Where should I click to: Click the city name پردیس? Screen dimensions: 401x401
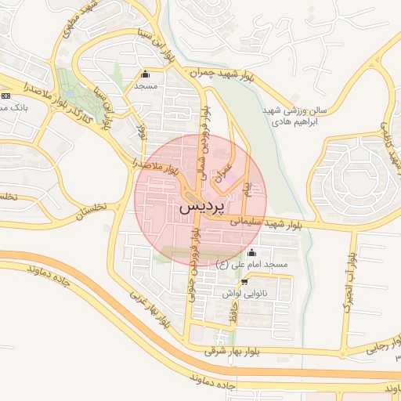click(x=201, y=207)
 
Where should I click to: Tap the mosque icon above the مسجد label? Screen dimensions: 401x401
click(x=145, y=74)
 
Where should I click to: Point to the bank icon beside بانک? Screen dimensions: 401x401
click(x=5, y=95)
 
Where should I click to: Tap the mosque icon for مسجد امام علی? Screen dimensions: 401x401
click(x=251, y=253)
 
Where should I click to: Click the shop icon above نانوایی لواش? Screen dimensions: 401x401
click(x=244, y=282)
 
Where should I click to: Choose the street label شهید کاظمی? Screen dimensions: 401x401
click(x=389, y=142)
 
